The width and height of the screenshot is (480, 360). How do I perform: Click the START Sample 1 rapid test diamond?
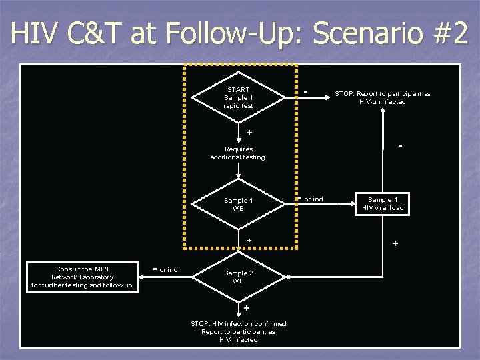239,98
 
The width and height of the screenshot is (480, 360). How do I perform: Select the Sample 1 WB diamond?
239,204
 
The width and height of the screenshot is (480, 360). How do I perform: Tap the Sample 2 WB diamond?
239,277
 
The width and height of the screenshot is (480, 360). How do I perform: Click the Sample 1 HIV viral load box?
383,204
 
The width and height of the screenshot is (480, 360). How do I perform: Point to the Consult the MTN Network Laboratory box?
82,277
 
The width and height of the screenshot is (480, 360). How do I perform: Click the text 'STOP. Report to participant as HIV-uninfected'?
383,98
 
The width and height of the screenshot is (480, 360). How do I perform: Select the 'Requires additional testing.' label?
239,153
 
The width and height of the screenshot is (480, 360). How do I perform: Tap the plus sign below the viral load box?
395,244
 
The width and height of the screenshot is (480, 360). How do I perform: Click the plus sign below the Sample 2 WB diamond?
247,308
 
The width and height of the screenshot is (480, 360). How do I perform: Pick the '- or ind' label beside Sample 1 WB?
311,199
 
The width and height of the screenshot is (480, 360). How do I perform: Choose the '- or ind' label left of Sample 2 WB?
165,269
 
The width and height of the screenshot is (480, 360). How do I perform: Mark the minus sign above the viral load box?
400,145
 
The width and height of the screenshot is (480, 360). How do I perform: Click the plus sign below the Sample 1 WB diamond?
249,240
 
